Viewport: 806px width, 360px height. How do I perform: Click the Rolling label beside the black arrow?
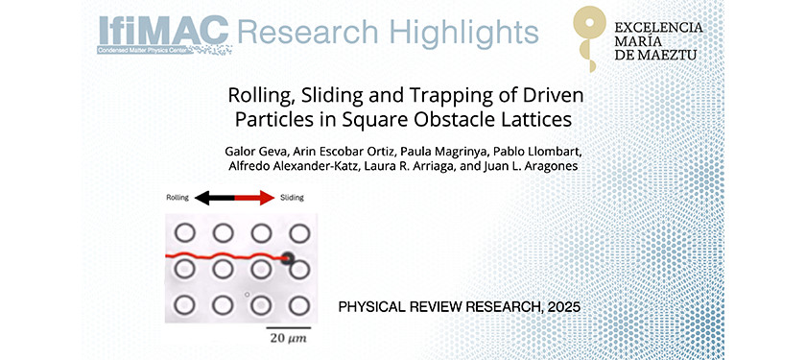tap(177, 198)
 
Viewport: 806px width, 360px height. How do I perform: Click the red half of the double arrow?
tap(252, 198)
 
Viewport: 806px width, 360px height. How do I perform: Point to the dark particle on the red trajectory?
tap(287, 256)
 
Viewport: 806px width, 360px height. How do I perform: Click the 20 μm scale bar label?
tap(286, 339)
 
